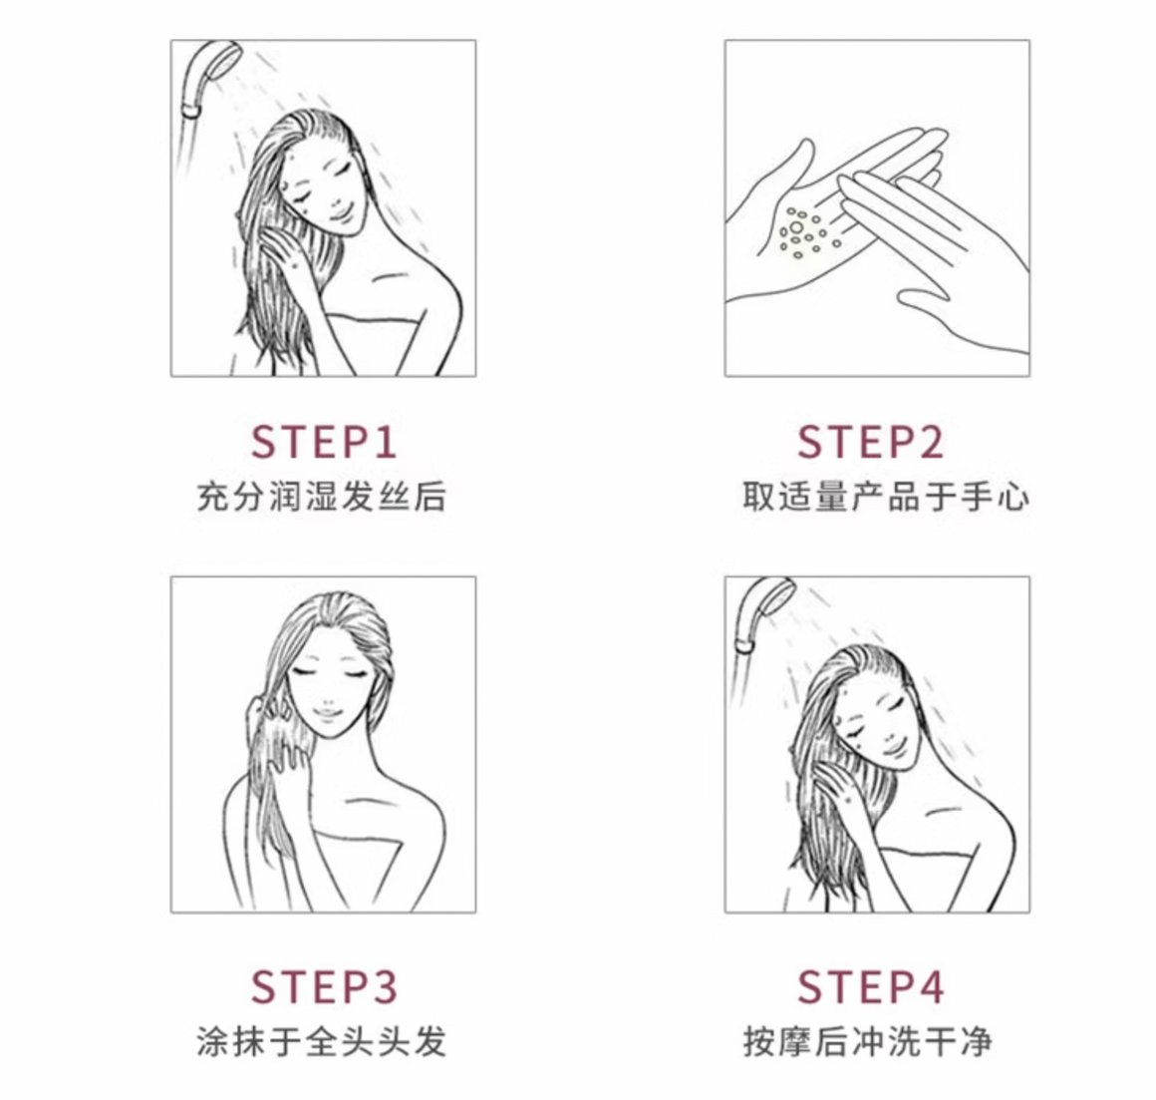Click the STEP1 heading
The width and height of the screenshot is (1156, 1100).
[324, 441]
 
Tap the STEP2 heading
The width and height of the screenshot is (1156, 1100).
[871, 441]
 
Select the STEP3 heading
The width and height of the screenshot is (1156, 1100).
[324, 986]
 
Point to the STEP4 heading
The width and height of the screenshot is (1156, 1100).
[871, 986]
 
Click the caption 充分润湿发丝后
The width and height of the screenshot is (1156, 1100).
[322, 497]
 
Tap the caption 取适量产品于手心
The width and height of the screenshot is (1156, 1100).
[885, 497]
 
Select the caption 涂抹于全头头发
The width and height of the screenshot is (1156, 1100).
[322, 1042]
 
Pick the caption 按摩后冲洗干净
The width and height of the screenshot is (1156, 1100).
[867, 1042]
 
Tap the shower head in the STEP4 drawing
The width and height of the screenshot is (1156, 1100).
[763, 612]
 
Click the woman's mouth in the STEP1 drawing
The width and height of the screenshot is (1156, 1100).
[339, 216]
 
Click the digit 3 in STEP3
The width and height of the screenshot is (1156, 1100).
[383, 986]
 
